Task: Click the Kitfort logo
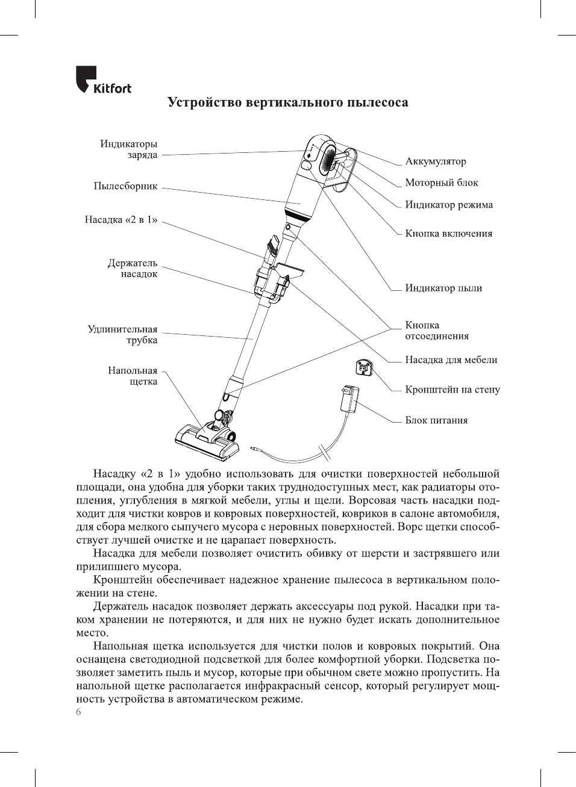(x=103, y=81)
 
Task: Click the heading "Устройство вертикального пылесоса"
(x=287, y=102)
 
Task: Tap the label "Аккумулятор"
(x=435, y=161)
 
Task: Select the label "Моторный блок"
(x=441, y=182)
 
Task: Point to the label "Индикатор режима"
(x=448, y=205)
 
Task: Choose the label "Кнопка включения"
(x=448, y=234)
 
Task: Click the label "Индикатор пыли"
(x=443, y=288)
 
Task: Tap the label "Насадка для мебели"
(x=451, y=360)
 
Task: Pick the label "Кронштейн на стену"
(x=452, y=390)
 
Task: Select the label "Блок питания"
(x=436, y=420)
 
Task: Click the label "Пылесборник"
(x=125, y=186)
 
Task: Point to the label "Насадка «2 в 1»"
(x=121, y=220)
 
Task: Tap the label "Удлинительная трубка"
(x=123, y=335)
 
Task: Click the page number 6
(x=78, y=712)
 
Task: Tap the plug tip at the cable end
(x=255, y=449)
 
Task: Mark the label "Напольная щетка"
(x=133, y=376)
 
